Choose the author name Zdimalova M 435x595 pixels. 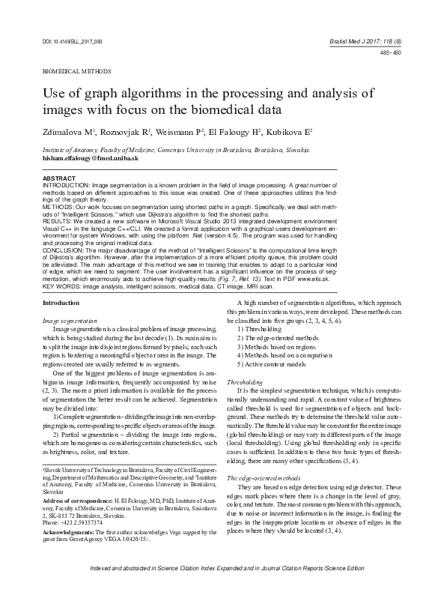pyautogui.click(x=65, y=131)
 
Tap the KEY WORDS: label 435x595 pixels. pyautogui.click(x=64, y=286)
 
